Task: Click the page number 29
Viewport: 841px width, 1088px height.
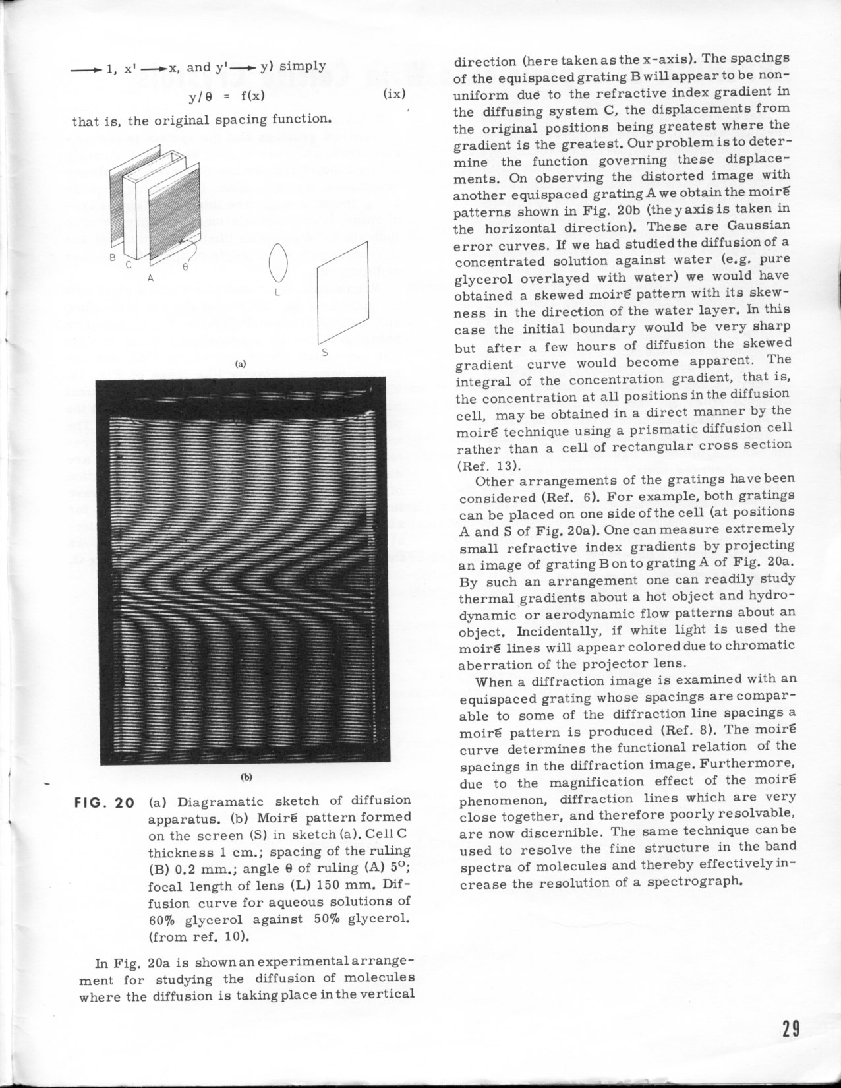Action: (x=791, y=1029)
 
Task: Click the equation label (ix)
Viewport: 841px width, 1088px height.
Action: (x=393, y=94)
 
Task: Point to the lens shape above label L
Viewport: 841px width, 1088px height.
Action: (x=277, y=261)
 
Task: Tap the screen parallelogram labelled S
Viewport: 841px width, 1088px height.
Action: (x=341, y=296)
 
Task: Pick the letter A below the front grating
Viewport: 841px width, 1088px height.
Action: (x=150, y=278)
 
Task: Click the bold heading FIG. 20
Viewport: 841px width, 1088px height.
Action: (x=107, y=802)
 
